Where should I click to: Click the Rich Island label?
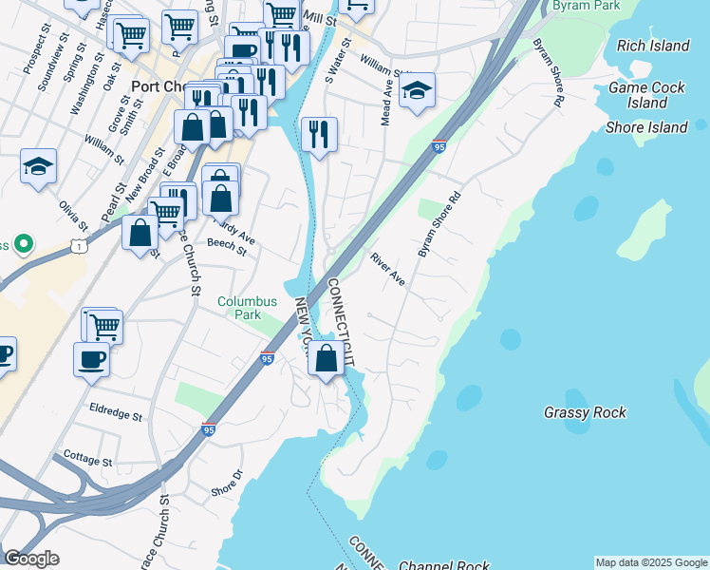(652, 46)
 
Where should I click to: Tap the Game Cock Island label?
(650, 94)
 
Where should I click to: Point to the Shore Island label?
(646, 127)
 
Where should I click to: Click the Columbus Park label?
(247, 308)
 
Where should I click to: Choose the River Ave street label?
(387, 270)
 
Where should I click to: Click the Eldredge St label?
(115, 416)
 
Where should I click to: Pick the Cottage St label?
(87, 460)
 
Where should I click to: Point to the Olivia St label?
(72, 214)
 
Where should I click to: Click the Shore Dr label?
(227, 485)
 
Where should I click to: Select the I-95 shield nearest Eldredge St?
(209, 429)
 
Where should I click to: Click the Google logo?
(31, 559)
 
